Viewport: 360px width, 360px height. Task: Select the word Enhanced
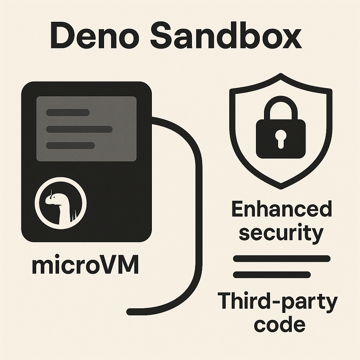point(282,209)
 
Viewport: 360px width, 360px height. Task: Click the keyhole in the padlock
point(281,139)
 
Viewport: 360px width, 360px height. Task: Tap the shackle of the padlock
point(281,108)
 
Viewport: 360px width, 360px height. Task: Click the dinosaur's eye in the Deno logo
point(54,197)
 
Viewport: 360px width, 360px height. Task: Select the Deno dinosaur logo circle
point(60,203)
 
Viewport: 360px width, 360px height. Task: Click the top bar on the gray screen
point(68,112)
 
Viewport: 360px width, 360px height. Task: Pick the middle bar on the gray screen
point(79,129)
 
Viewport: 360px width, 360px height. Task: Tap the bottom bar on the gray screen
point(70,146)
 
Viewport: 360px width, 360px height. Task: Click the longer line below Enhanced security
point(282,259)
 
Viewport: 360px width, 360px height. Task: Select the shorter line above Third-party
point(272,275)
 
